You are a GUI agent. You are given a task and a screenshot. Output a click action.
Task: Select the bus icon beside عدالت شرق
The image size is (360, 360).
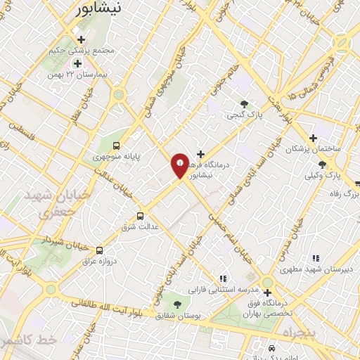click(x=140, y=216)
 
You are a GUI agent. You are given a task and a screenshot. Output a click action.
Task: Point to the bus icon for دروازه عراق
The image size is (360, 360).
click(x=99, y=250)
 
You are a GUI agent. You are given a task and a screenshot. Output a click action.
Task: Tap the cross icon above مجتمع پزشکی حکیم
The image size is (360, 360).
click(x=82, y=39)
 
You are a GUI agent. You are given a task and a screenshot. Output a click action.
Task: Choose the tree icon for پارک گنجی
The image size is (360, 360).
click(x=245, y=104)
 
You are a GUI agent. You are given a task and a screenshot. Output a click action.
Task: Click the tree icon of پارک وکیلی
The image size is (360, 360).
click(x=322, y=165)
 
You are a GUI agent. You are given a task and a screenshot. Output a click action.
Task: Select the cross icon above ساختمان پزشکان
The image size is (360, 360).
click(x=314, y=139)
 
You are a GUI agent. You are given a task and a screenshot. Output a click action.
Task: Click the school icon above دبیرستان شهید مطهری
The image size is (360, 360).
click(x=316, y=259)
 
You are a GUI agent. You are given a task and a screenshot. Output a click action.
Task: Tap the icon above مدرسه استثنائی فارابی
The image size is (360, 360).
click(x=223, y=279)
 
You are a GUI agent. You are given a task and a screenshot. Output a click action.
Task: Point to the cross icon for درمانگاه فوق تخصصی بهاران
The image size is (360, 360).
click(x=267, y=292)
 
